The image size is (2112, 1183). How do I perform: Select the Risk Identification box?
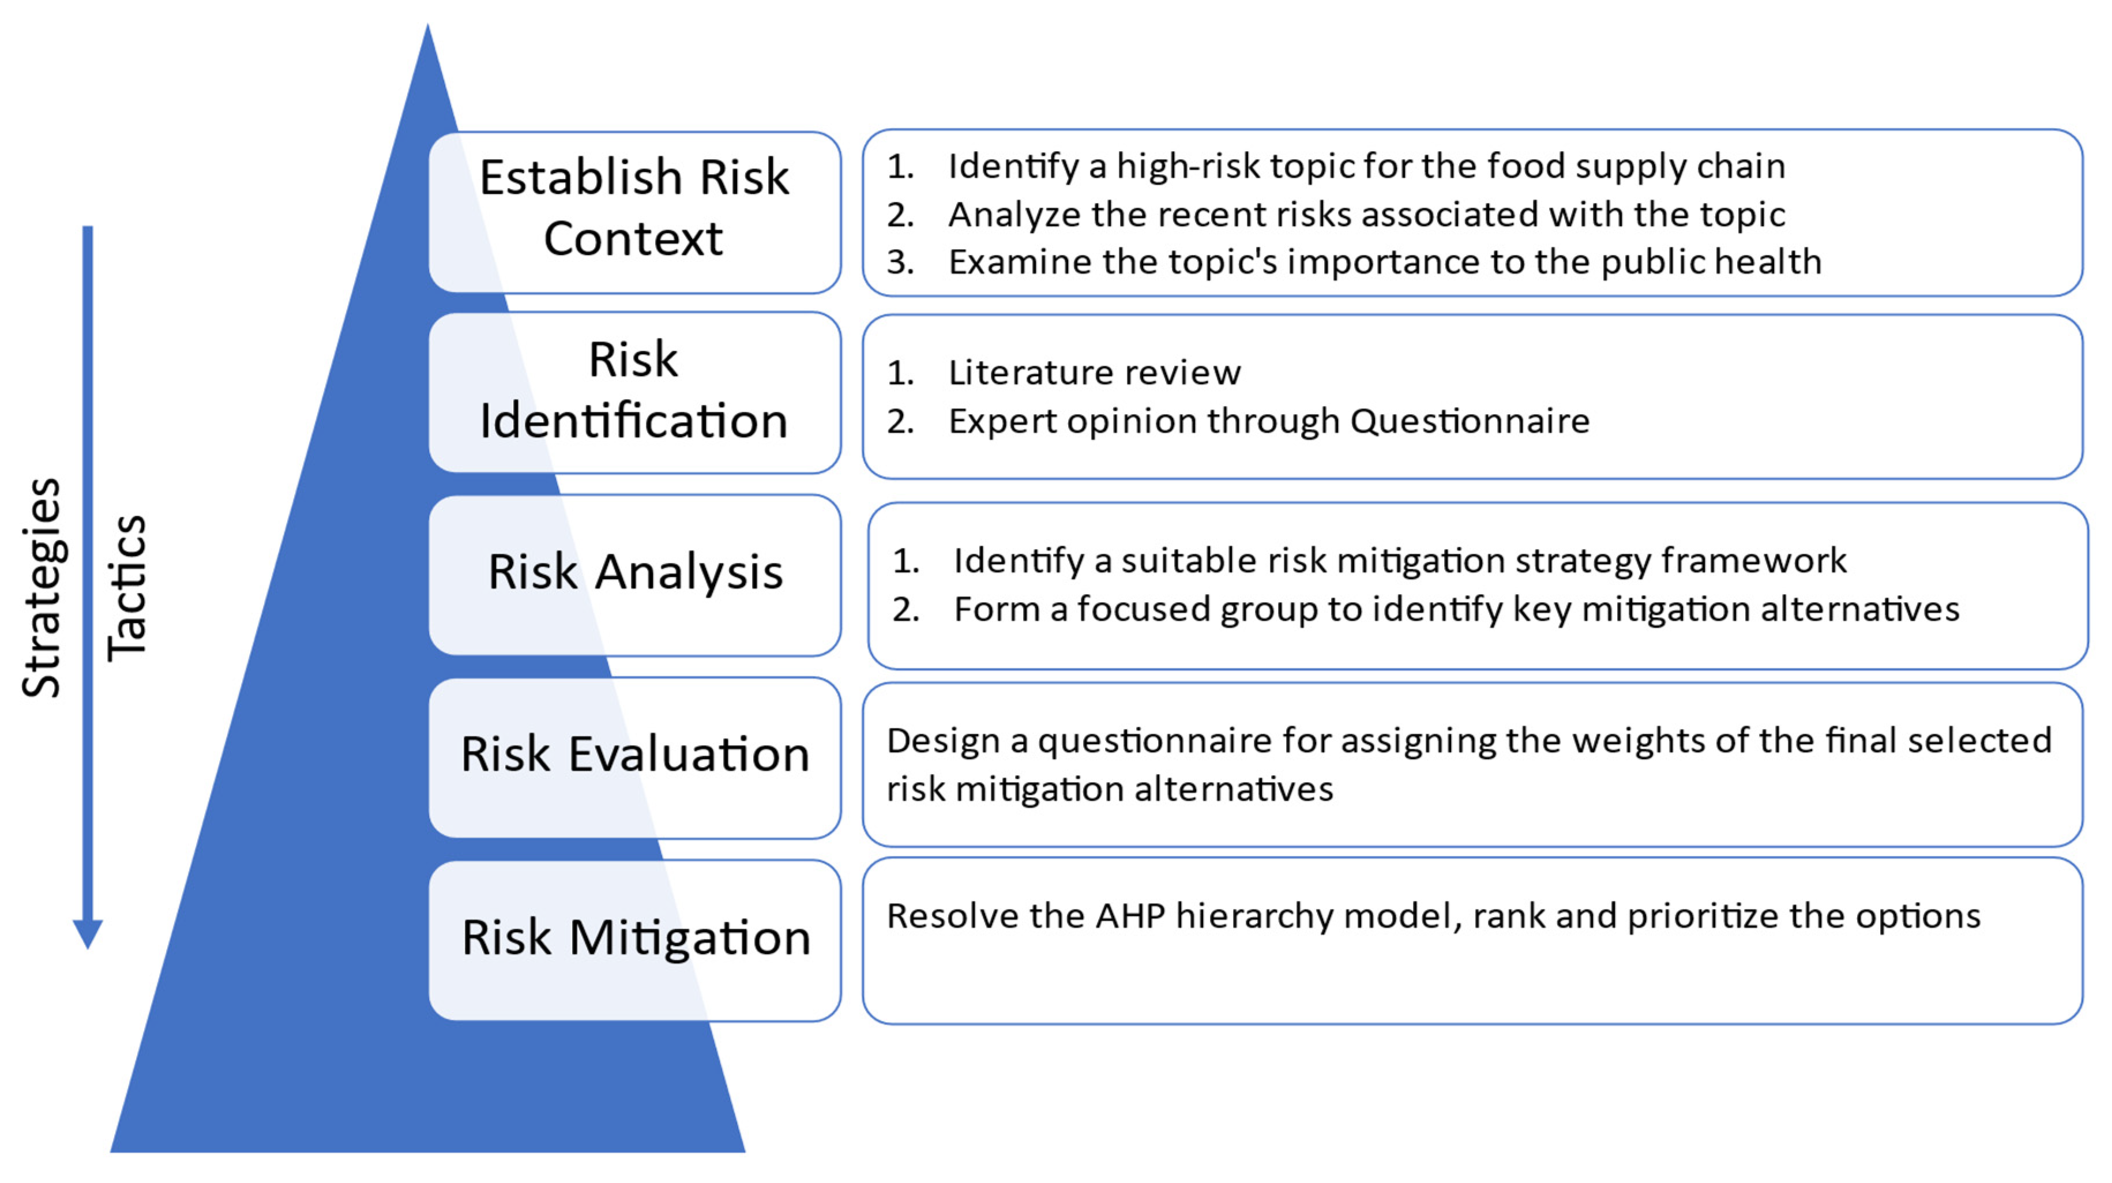(634, 391)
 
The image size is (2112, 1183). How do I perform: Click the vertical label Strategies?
(41, 587)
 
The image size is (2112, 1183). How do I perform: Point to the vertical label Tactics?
(127, 587)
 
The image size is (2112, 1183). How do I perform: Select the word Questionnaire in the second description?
(1469, 422)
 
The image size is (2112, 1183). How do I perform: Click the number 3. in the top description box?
(900, 262)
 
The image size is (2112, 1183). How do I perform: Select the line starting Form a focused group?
(1456, 609)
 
